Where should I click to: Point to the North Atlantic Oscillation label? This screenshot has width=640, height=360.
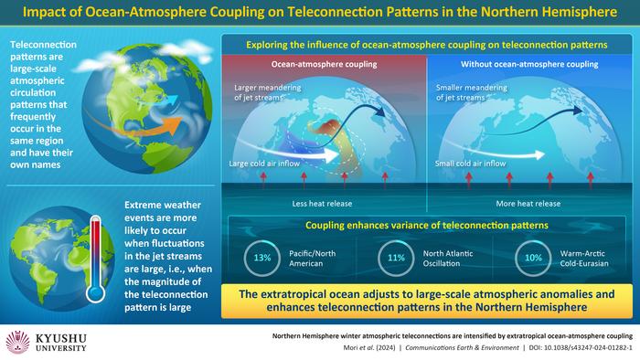point(445,259)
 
